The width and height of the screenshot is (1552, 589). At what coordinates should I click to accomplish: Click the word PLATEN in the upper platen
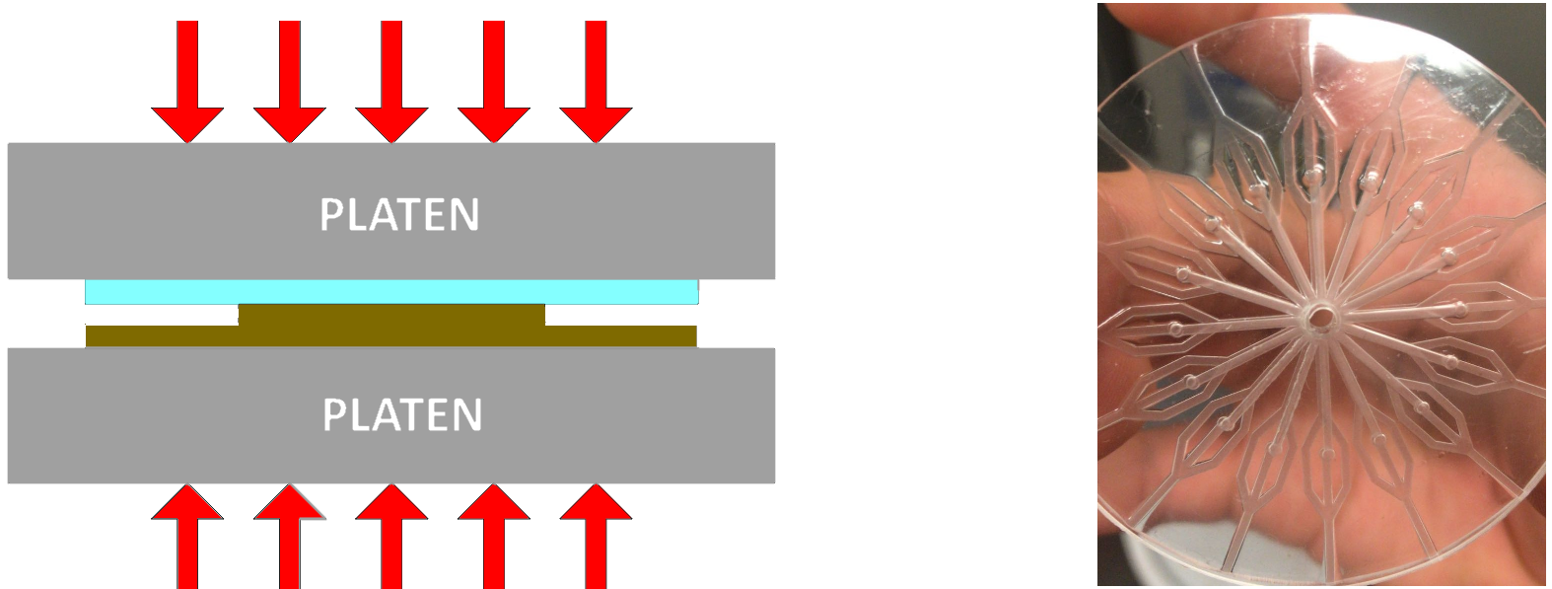point(399,215)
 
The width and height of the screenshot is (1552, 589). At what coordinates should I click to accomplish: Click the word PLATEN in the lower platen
point(402,415)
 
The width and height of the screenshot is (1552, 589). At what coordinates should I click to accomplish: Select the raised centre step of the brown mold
point(391,315)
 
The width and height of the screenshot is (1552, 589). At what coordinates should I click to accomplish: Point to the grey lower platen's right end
point(740,415)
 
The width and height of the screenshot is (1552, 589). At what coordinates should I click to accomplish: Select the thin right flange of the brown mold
point(621,336)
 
